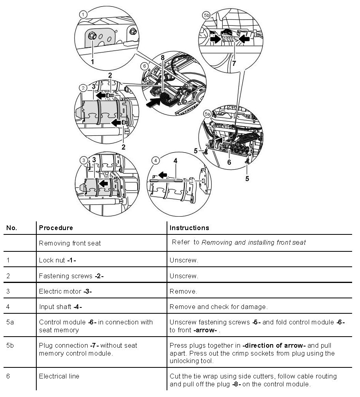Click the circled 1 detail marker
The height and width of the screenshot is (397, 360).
tap(83, 15)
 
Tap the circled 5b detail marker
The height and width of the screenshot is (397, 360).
tap(206, 15)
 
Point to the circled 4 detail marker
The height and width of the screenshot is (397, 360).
tap(156, 160)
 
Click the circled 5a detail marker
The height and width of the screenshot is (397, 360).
tap(207, 114)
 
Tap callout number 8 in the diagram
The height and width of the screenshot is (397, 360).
tap(163, 58)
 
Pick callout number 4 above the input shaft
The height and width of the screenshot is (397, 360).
tap(175, 161)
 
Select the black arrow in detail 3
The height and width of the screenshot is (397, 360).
tap(104, 183)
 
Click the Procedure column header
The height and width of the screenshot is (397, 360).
tap(56, 228)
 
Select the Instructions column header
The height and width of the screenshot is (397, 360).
tap(189, 228)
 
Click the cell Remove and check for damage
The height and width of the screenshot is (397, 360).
tap(218, 307)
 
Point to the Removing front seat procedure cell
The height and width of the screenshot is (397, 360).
tap(70, 243)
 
